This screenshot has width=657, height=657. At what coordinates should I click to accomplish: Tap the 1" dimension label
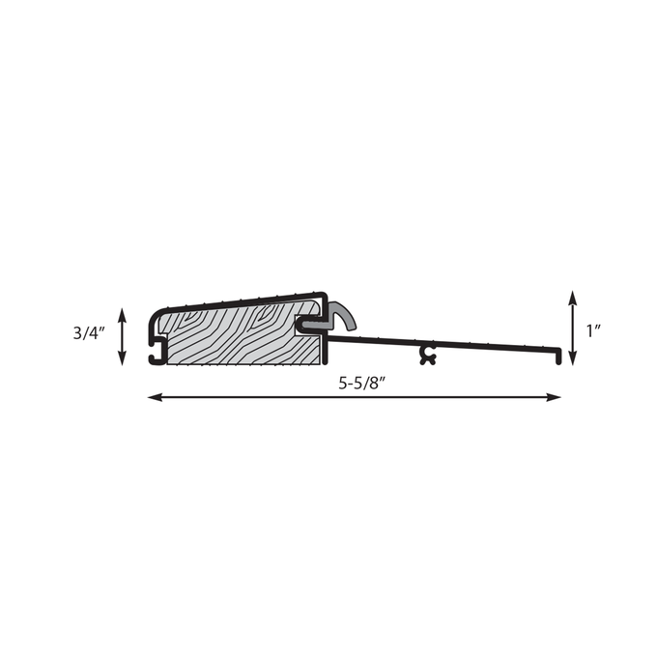(594, 331)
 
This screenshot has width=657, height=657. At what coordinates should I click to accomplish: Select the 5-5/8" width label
(362, 383)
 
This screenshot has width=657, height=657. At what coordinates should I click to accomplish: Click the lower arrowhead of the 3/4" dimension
(122, 358)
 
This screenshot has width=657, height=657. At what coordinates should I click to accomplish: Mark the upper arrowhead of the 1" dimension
(572, 298)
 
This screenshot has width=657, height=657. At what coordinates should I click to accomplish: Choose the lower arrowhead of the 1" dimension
(572, 358)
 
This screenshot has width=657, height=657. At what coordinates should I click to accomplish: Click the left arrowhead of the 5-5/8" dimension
(155, 397)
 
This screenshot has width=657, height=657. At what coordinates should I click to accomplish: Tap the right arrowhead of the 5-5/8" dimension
(554, 397)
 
